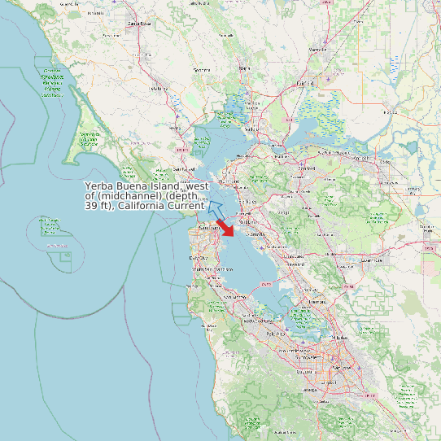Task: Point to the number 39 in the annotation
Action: point(92,206)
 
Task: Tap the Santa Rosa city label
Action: point(139,24)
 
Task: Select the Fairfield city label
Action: point(305,83)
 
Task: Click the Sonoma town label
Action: point(200,70)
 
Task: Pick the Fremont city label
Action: point(317,300)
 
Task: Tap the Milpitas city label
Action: point(339,336)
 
